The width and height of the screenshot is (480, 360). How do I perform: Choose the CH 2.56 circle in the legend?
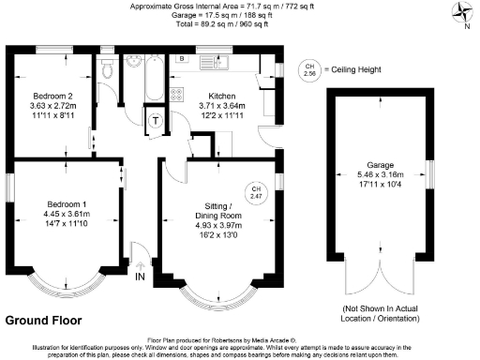[308, 68]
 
